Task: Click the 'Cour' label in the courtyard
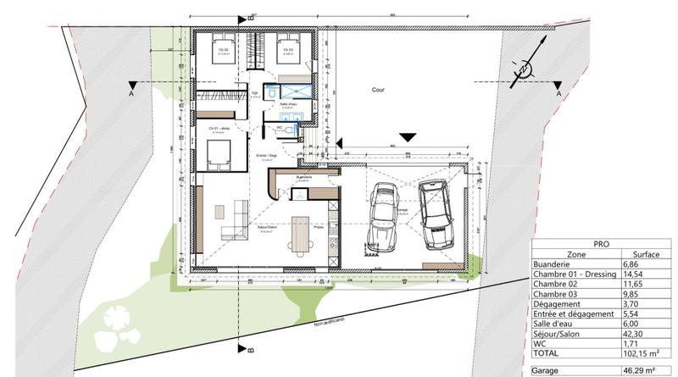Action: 378,89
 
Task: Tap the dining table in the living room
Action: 298,235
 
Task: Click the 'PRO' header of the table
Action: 603,242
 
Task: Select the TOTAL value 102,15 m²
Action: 640,353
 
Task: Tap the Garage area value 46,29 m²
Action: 641,371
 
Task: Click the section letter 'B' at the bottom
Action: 252,348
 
